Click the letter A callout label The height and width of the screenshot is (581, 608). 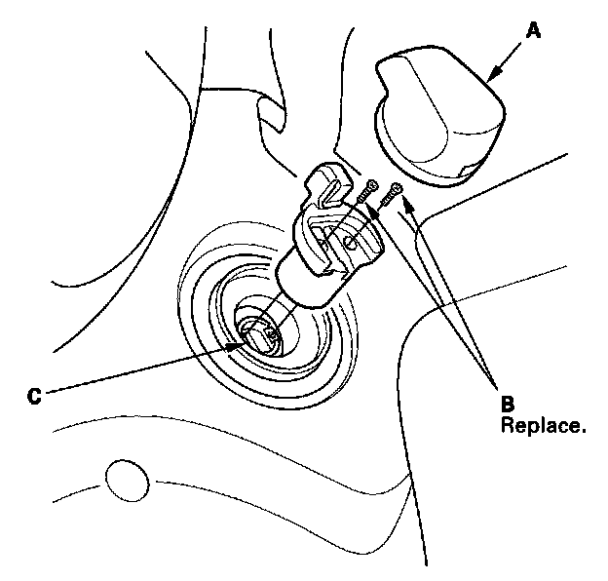[x=532, y=30]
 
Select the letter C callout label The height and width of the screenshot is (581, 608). [x=33, y=397]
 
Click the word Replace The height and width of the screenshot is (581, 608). [x=544, y=425]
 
